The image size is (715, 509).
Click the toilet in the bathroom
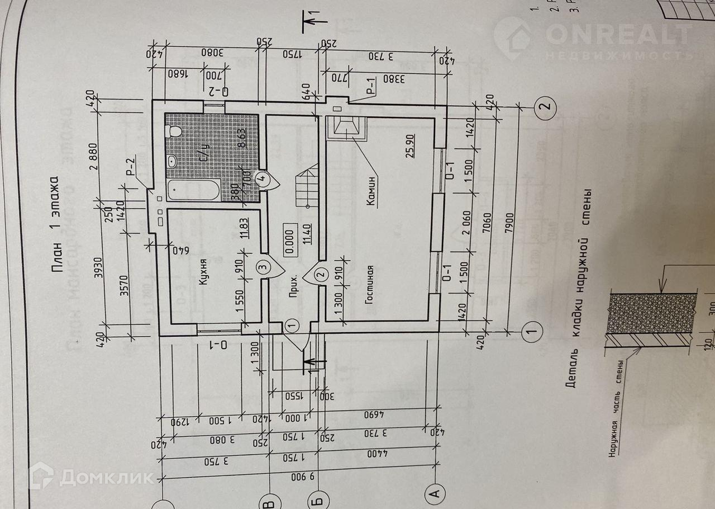(x=174, y=131)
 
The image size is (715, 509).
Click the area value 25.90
(x=411, y=147)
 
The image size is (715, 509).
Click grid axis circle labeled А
(x=434, y=493)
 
